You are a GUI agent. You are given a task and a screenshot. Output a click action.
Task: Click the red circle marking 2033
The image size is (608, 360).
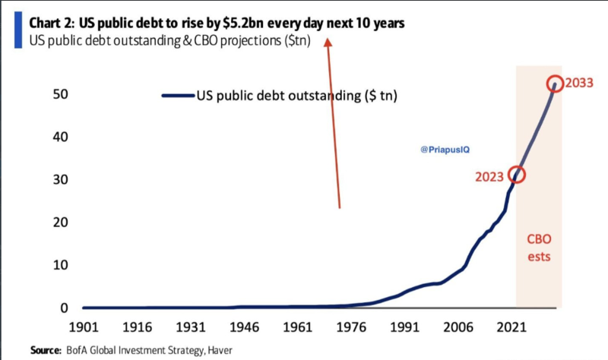tap(555, 84)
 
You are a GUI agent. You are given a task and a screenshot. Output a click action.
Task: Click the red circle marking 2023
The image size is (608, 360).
tap(518, 174)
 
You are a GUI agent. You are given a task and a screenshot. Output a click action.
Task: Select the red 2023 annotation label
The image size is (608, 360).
tap(489, 177)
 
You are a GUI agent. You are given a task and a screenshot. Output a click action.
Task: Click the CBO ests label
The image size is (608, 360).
tap(539, 248)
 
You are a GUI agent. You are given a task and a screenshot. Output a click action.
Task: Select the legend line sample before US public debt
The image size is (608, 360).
tap(178, 96)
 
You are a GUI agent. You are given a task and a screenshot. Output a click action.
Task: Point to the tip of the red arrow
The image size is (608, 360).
tap(328, 40)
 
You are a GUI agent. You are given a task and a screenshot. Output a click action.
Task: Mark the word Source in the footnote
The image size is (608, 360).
tap(45, 350)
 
